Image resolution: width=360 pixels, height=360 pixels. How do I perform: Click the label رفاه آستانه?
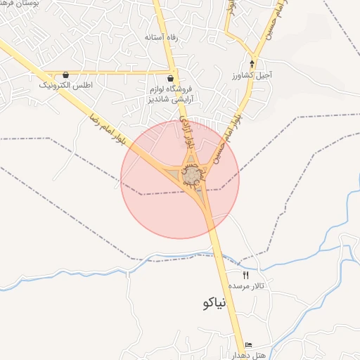click(x=160, y=37)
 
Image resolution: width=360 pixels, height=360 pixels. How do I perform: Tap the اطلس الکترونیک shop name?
click(x=65, y=85)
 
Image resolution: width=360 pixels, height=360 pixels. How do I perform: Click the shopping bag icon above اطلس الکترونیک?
click(x=65, y=75)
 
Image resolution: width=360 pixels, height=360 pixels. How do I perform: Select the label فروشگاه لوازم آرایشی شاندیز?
click(x=172, y=96)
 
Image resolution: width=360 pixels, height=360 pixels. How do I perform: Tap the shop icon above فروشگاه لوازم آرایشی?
click(x=172, y=77)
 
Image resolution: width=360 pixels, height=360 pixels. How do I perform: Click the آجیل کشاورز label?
click(x=252, y=74)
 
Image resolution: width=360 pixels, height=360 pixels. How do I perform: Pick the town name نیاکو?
click(x=212, y=303)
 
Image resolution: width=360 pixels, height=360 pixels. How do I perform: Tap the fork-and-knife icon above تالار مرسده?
click(x=245, y=275)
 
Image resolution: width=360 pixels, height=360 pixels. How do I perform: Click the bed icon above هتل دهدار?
click(x=248, y=345)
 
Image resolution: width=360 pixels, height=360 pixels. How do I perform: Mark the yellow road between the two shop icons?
click(x=120, y=72)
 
